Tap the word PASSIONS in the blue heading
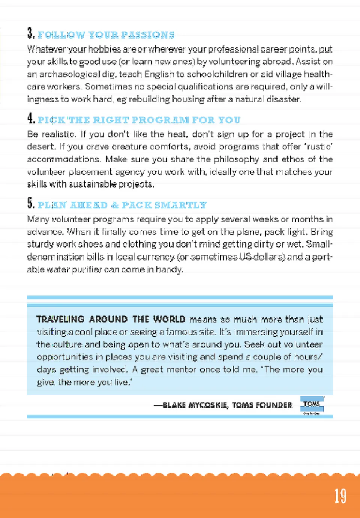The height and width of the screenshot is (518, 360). [148, 35]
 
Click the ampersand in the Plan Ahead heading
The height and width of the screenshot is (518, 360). [115, 205]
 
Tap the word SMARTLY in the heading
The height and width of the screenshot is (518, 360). [180, 205]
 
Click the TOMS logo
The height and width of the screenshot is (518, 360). [312, 404]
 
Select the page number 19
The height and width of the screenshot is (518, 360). [340, 496]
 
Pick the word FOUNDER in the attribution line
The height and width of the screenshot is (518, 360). [273, 405]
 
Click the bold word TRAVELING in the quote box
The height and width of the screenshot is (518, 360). [60, 319]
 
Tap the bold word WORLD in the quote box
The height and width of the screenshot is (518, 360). [169, 319]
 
